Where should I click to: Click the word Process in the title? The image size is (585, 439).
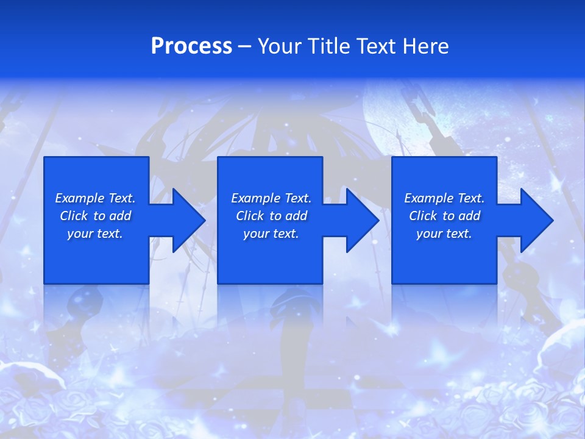point(191,46)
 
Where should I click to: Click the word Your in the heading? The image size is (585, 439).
point(280,46)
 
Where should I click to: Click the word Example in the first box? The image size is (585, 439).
point(80,198)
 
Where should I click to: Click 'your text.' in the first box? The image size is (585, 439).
point(95,234)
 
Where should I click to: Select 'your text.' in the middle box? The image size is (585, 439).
point(271,234)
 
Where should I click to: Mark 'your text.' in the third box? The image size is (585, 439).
point(444,234)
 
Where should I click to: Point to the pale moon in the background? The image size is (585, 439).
point(396,116)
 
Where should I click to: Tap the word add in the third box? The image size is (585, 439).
point(469,216)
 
